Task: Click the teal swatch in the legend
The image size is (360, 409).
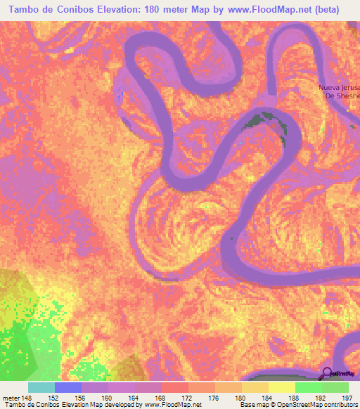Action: tap(41, 387)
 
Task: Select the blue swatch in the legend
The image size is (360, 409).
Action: tap(68, 387)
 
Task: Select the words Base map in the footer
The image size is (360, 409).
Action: tap(254, 405)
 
